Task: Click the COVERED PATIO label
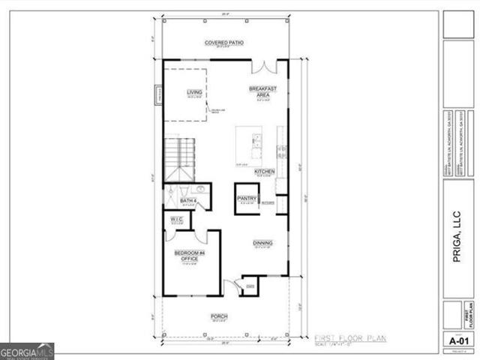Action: click(224, 43)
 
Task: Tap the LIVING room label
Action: click(195, 92)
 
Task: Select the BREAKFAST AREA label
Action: click(262, 91)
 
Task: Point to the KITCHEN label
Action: click(264, 172)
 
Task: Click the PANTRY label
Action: click(247, 199)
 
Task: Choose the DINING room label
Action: click(262, 243)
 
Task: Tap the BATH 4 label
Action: click(187, 201)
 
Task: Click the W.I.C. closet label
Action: click(177, 220)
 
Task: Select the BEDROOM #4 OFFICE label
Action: click(190, 256)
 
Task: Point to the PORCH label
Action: click(219, 316)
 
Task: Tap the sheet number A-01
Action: click(458, 340)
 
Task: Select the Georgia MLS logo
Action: click(27, 351)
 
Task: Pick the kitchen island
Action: click(248, 145)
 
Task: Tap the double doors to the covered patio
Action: click(263, 67)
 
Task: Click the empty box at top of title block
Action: click(458, 23)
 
